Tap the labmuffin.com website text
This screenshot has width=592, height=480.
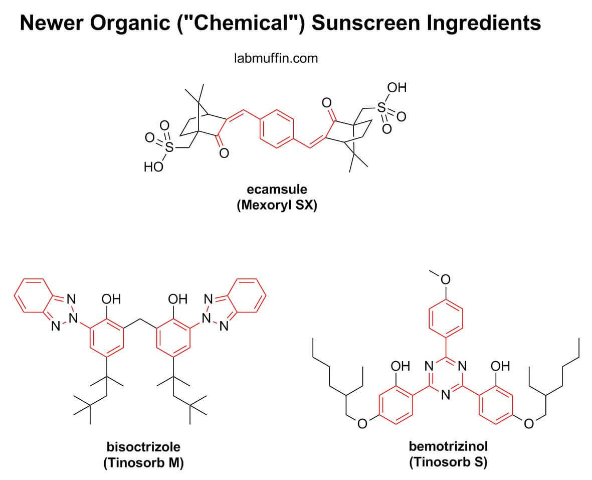[276, 59]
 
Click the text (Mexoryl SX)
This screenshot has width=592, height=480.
[277, 206]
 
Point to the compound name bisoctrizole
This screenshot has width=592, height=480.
[143, 446]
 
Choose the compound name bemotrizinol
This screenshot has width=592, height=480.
[448, 446]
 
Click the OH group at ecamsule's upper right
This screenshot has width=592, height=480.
[397, 89]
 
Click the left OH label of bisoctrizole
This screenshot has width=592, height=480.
[111, 299]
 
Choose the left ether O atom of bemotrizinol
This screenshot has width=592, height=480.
[362, 424]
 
